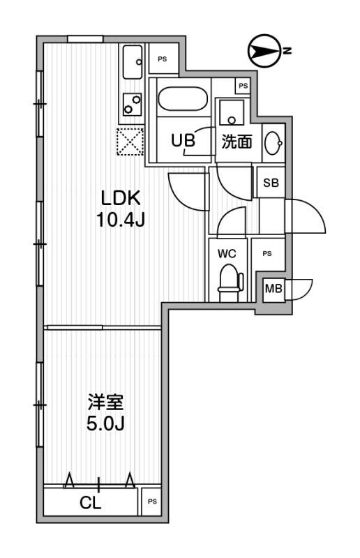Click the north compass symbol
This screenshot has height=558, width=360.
pyautogui.click(x=264, y=51)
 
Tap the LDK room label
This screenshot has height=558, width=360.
pyautogui.click(x=121, y=198)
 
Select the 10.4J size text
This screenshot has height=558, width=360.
pyautogui.click(x=121, y=220)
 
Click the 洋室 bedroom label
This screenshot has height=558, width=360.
pyautogui.click(x=106, y=402)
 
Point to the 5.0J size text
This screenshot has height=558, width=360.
pyautogui.click(x=106, y=423)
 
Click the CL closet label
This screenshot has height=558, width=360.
pyautogui.click(x=91, y=502)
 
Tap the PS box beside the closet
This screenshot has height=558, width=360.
pyautogui.click(x=152, y=502)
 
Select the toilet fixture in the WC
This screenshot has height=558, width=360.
pyautogui.click(x=230, y=283)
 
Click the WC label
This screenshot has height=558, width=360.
pyautogui.click(x=227, y=254)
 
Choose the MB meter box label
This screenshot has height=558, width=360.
pyautogui.click(x=273, y=289)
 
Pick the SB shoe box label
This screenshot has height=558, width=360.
pyautogui.click(x=271, y=183)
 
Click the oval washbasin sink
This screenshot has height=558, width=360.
pyautogui.click(x=273, y=143)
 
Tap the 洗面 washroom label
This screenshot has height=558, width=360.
pyautogui.click(x=237, y=142)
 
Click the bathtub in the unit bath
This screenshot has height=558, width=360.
pyautogui.click(x=182, y=99)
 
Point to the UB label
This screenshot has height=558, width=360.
pyautogui.click(x=183, y=140)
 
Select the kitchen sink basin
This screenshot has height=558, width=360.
pyautogui.click(x=133, y=62)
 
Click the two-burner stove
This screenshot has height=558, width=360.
pyautogui.click(x=133, y=104)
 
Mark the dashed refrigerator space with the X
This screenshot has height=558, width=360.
pyautogui.click(x=130, y=142)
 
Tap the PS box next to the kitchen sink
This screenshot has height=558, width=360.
pyautogui.click(x=163, y=59)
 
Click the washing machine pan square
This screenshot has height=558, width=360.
pyautogui.click(x=232, y=112)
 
